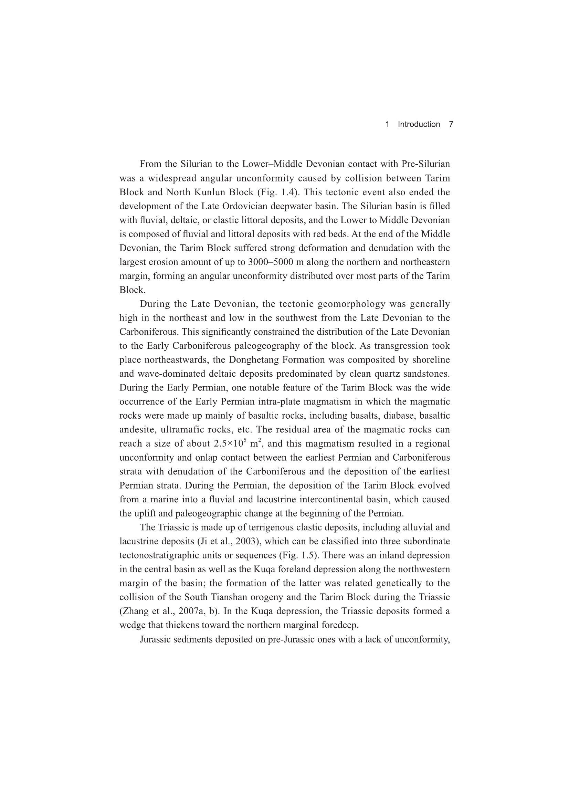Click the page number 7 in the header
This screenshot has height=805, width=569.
[x=451, y=124]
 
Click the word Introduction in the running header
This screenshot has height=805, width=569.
[x=419, y=124]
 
